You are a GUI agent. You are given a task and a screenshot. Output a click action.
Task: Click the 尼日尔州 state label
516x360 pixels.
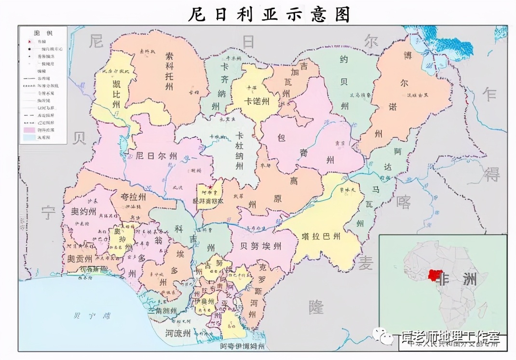156,156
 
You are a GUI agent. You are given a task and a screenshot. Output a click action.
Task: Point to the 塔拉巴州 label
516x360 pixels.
321,236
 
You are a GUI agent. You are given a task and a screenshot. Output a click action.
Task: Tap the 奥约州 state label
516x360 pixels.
84,212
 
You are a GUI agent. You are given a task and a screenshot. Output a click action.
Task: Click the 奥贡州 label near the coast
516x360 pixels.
78,258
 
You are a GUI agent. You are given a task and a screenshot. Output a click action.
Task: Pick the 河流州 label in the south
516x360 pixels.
177,332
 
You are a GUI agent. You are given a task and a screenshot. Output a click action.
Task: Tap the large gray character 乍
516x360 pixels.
490,95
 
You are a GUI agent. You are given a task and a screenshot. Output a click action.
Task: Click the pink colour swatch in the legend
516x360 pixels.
29,129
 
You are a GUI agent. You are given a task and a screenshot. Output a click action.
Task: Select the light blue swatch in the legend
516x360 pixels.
29,138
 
